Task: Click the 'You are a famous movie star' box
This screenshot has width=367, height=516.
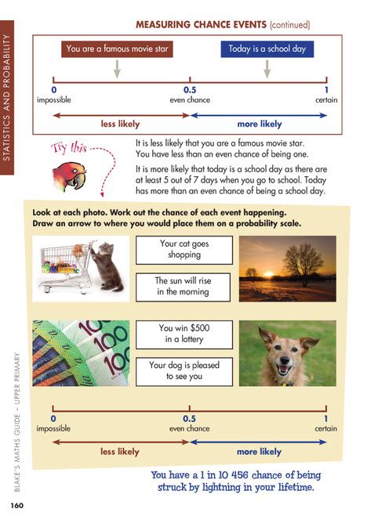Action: pos(117,49)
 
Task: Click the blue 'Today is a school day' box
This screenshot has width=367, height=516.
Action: pos(267,49)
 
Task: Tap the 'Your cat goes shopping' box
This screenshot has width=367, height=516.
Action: pos(184,249)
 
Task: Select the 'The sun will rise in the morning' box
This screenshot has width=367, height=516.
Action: pos(184,286)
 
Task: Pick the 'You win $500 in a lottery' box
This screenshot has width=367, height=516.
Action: pos(184,333)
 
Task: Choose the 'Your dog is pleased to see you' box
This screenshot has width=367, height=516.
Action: pos(184,370)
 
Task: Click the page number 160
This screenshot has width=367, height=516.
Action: pos(17,503)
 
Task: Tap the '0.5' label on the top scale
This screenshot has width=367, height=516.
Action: pos(189,90)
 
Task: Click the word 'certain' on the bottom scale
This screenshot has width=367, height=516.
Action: pos(326,428)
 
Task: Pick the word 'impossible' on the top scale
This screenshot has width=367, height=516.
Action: pos(53,100)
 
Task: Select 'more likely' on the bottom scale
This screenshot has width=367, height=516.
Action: pos(259,452)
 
